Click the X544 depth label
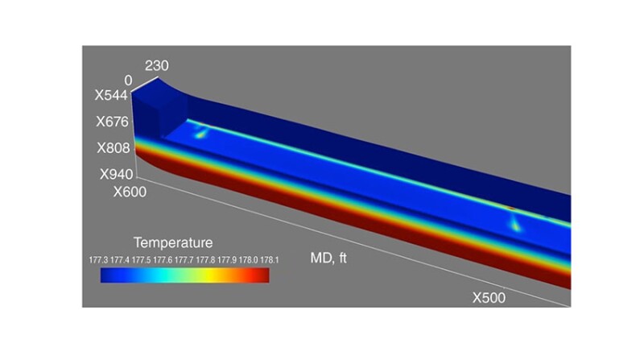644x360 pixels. [110, 95]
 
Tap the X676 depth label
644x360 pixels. [110, 122]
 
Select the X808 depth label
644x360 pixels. [110, 149]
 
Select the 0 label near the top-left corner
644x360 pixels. [128, 81]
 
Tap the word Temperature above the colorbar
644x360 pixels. [173, 242]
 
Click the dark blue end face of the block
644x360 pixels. [158, 113]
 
